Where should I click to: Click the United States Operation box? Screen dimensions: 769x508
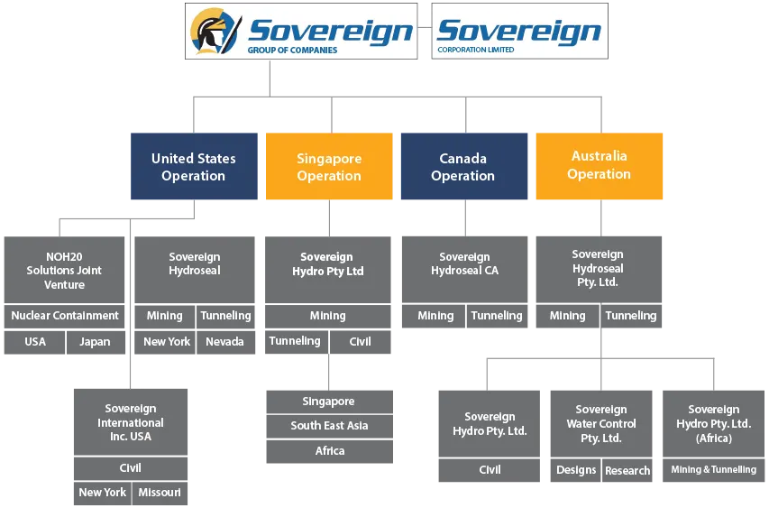194,166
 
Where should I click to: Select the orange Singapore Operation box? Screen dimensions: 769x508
329,166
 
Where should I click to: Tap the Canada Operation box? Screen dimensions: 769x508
464,166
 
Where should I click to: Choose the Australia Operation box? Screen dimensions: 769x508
600,166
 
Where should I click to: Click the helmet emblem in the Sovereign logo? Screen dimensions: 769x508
215,31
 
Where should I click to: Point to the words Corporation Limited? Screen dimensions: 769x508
476,50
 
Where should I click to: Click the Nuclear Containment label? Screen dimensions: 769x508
65,316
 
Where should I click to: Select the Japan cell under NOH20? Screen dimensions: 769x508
96,342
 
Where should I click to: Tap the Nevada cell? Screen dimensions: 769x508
225,342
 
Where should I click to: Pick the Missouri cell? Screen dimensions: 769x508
160,493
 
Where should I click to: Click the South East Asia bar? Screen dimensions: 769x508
330,426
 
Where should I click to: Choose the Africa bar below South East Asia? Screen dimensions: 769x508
330,451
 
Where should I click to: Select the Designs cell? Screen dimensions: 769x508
576,470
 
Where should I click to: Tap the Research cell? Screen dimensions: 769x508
627,470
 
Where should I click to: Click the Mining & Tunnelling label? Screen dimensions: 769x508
714,470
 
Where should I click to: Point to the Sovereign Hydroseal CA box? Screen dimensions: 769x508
464,270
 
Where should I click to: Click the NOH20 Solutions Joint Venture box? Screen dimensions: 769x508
64,270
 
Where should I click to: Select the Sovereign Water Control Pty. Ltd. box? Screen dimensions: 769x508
601,423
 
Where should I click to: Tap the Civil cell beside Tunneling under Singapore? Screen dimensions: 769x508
361,342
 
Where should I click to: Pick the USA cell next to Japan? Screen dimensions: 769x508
35,342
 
